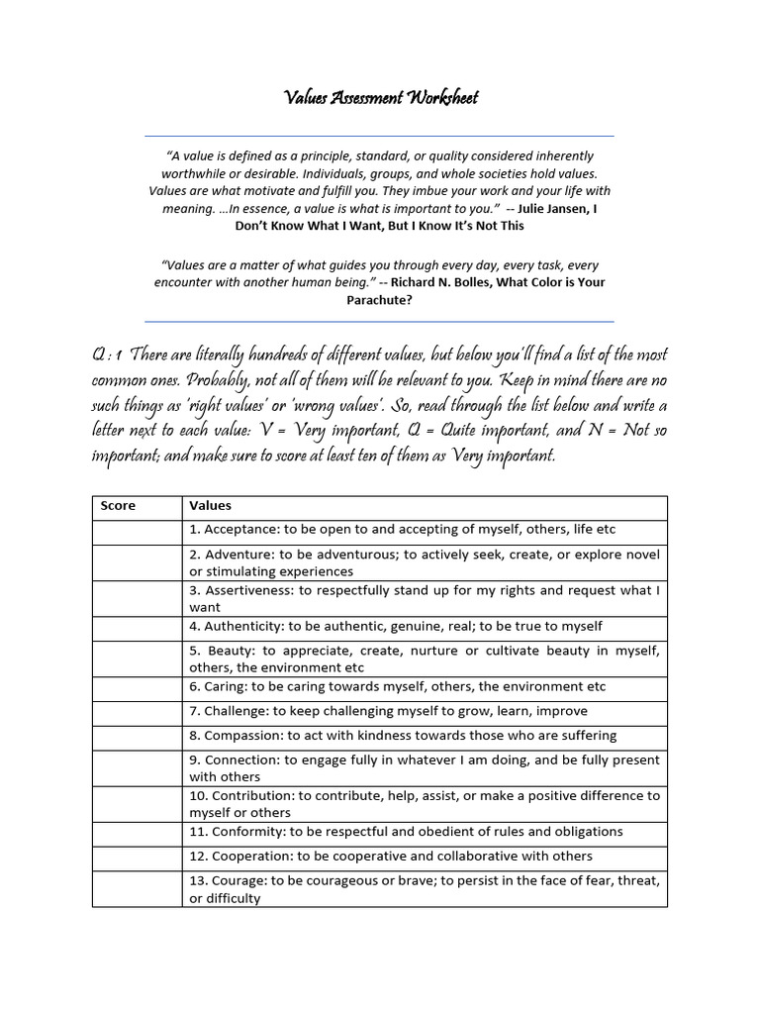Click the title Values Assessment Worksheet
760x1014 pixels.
pyautogui.click(x=380, y=97)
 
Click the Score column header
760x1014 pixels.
pyautogui.click(x=118, y=506)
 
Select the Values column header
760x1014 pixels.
pyautogui.click(x=210, y=506)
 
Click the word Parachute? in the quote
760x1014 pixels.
pyautogui.click(x=379, y=299)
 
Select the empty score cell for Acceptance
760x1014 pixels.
pyautogui.click(x=138, y=530)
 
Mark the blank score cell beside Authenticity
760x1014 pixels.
pyautogui.click(x=138, y=627)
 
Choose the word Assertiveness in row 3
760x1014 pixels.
pyautogui.click(x=247, y=590)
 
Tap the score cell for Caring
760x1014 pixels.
pyautogui.click(x=138, y=687)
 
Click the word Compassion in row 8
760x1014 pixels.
pyautogui.click(x=242, y=736)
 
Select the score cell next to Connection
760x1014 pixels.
pyautogui.click(x=138, y=768)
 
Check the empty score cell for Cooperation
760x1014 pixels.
pyautogui.click(x=138, y=857)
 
